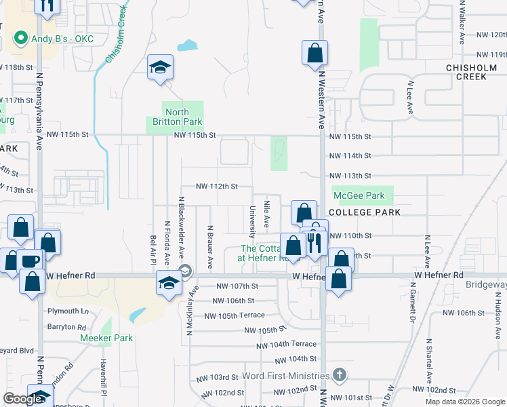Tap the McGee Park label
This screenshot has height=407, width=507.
(359, 195)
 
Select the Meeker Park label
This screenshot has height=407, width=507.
(106, 338)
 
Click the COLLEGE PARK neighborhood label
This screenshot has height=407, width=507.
(367, 212)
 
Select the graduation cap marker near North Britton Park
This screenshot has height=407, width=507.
(160, 66)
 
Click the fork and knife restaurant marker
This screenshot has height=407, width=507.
(314, 242)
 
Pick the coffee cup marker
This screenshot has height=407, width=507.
(30, 262)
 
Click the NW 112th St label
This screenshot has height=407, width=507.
(217, 187)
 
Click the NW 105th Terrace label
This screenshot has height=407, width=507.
(234, 315)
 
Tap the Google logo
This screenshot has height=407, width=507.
(23, 399)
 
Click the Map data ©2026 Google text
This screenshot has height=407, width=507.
(465, 402)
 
